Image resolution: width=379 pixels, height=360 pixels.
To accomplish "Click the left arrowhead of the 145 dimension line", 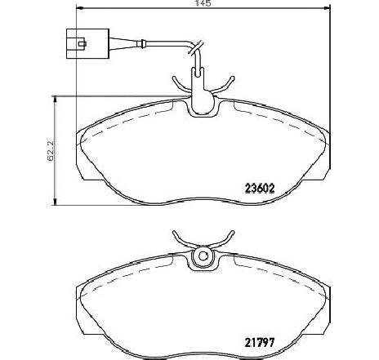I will (x=78, y=11).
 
